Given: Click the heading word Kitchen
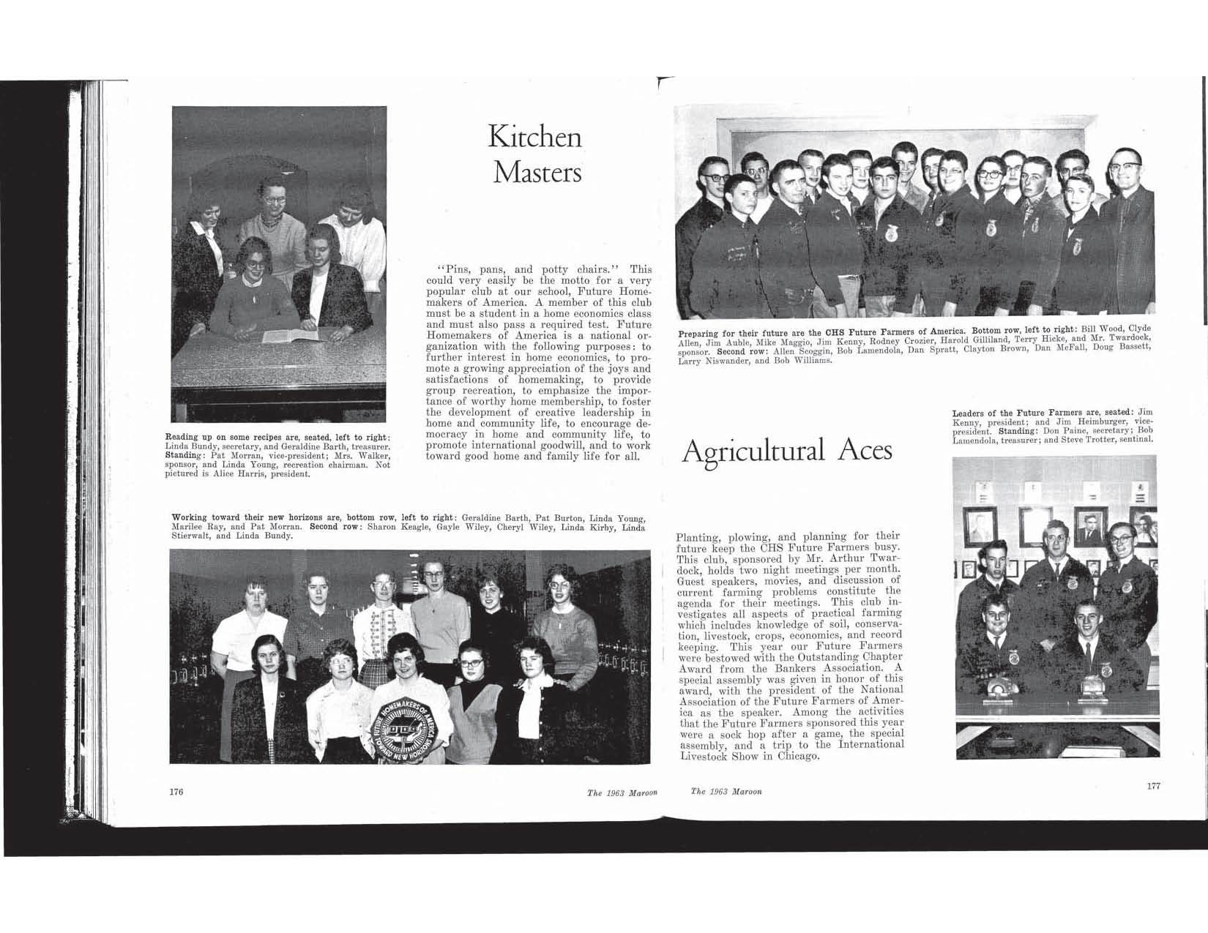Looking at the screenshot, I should click(x=534, y=138).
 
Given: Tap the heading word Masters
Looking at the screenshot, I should click(x=537, y=173).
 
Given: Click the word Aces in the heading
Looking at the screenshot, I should click(x=865, y=450).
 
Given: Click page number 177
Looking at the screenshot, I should click(x=1153, y=786).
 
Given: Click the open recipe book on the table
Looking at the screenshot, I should click(x=294, y=336).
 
